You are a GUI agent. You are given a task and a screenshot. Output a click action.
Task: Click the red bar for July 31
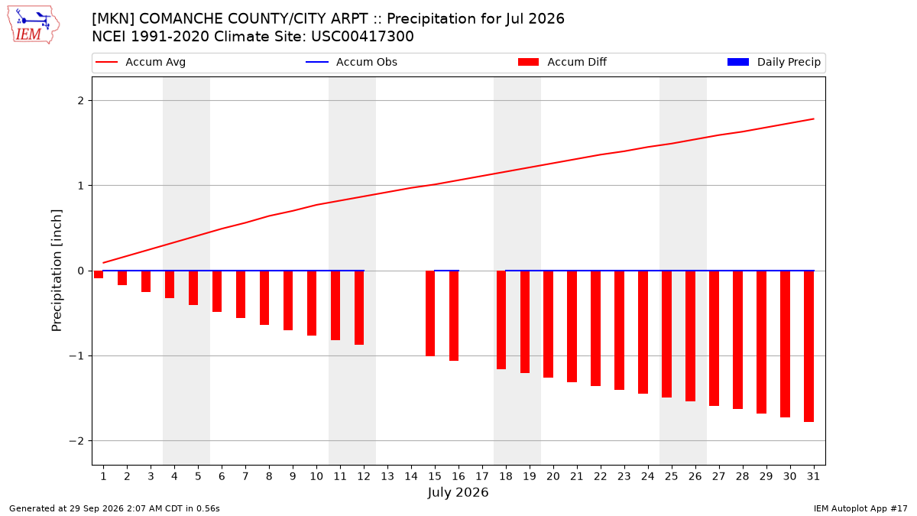click(x=808, y=346)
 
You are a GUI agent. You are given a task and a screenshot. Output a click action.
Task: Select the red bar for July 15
click(x=430, y=313)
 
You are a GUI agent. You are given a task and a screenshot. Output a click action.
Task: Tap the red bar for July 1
click(x=99, y=274)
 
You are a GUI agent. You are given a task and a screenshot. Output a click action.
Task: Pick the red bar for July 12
click(x=359, y=307)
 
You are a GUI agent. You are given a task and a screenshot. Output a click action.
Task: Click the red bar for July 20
click(x=549, y=324)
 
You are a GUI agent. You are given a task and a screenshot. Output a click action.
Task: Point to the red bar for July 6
click(x=217, y=291)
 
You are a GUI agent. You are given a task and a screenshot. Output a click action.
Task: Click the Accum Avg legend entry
click(x=141, y=62)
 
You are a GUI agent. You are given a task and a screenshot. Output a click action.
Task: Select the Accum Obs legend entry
click(x=352, y=62)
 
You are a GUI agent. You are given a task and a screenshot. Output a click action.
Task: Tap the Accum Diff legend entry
click(x=562, y=62)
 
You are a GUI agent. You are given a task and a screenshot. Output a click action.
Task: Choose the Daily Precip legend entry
click(x=774, y=62)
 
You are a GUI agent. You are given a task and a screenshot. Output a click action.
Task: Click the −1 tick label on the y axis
click(x=76, y=356)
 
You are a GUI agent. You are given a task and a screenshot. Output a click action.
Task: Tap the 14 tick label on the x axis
click(x=411, y=476)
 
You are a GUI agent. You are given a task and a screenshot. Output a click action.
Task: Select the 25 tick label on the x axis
click(x=672, y=476)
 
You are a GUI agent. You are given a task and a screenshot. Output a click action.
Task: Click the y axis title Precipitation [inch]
click(x=57, y=271)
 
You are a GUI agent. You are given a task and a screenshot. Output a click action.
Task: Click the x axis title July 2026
click(x=458, y=492)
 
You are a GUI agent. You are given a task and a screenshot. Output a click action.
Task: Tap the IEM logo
click(x=34, y=25)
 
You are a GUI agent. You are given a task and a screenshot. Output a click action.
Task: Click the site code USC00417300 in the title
click(x=362, y=37)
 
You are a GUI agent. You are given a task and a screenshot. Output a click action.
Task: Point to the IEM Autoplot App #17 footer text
click(x=860, y=508)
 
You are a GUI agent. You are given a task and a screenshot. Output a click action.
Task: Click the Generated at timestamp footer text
click(x=114, y=508)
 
